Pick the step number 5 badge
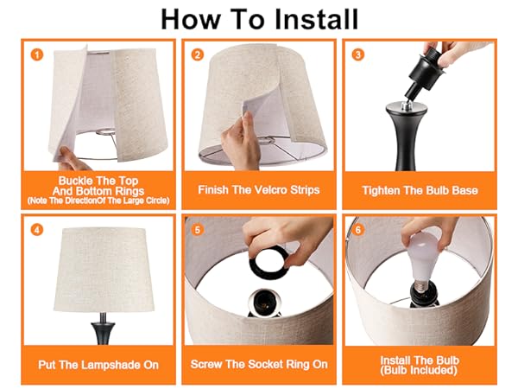[198, 230]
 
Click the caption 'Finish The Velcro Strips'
[258, 189]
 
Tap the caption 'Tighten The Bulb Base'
[420, 189]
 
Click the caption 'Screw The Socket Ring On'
[259, 365]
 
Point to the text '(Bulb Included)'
[420, 370]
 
